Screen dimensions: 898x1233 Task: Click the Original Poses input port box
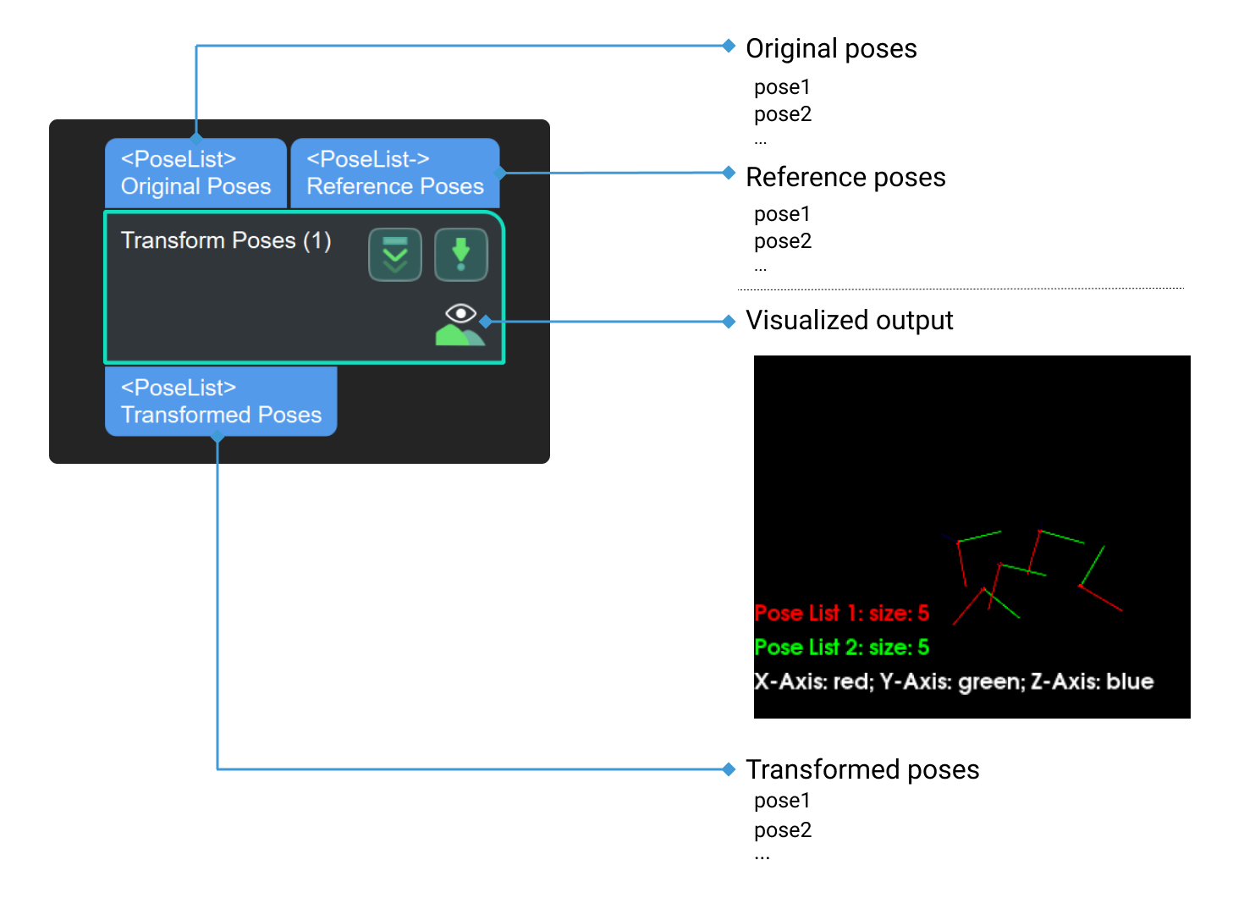pos(195,173)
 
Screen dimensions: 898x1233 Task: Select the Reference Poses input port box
pos(394,173)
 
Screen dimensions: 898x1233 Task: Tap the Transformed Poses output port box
pos(221,401)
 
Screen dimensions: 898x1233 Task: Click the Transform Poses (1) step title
pos(226,240)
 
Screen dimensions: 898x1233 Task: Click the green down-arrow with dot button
pos(460,254)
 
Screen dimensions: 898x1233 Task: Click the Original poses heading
pos(831,48)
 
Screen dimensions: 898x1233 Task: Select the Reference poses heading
pos(845,177)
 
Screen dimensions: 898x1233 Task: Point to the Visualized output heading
pos(849,320)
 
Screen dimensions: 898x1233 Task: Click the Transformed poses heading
pos(862,769)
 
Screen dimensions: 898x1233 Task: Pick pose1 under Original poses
pos(782,87)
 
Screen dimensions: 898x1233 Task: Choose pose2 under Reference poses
pos(783,241)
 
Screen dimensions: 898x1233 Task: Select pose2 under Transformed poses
pos(783,830)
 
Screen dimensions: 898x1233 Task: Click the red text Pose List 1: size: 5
pos(841,613)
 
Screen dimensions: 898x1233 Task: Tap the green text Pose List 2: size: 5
pos(841,647)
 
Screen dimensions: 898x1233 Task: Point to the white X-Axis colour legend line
pos(954,681)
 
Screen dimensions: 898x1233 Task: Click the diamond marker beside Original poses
pos(729,46)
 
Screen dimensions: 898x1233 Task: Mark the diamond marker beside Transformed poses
pos(729,769)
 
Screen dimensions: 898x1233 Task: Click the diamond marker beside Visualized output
pos(729,321)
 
